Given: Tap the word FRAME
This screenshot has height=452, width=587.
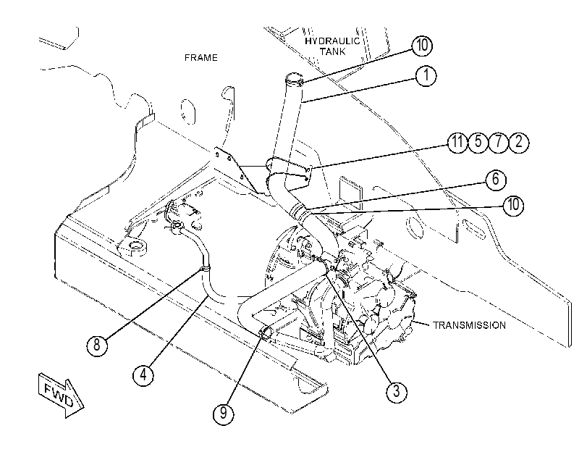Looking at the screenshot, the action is coord(201,58).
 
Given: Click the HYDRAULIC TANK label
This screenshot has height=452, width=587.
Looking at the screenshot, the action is coord(332,46).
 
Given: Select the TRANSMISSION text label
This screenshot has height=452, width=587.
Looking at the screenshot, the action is coord(469,325).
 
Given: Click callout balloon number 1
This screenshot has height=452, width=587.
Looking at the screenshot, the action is coord(426,76).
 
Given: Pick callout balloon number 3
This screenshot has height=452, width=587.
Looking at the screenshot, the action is coord(397,392).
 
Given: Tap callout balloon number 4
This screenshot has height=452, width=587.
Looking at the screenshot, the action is coord(143,374).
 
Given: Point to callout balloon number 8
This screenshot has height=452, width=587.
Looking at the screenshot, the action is coord(97,345).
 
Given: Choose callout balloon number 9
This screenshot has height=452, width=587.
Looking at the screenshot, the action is coord(224,414).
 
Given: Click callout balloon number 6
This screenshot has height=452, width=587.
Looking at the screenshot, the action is coord(496,180).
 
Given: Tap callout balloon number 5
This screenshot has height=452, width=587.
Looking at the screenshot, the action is coord(478,143).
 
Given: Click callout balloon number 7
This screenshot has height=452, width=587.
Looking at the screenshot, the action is coord(498,143).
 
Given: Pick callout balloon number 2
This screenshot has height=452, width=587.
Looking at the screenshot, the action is coord(519,143).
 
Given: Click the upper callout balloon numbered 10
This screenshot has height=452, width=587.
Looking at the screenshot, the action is coord(422,46).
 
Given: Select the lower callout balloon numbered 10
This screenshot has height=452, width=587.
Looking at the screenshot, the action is coord(514,205).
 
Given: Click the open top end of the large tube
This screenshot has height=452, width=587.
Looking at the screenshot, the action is coord(294,78).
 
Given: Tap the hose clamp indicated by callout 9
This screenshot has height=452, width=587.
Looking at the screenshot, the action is coord(266,332).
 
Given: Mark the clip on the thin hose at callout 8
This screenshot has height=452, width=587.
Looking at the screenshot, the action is coord(205,268).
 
